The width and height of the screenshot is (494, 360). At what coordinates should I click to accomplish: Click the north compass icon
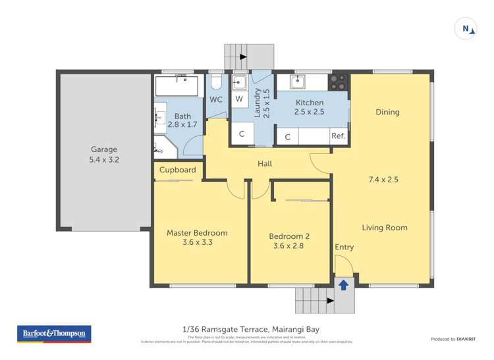pyautogui.click(x=466, y=28)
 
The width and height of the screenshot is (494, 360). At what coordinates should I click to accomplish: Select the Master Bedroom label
pyautogui.click(x=197, y=237)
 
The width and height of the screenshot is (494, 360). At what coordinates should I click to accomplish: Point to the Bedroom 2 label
pyautogui.click(x=289, y=241)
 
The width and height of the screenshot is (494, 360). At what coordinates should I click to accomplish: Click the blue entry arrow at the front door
pyautogui.click(x=343, y=284)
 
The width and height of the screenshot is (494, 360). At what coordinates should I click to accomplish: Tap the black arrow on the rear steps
pyautogui.click(x=243, y=57)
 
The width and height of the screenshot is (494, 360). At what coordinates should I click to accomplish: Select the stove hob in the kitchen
pyautogui.click(x=339, y=82)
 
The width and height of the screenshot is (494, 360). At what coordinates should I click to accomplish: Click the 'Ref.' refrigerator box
pyautogui.click(x=339, y=136)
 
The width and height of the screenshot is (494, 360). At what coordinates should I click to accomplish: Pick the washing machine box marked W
pyautogui.click(x=239, y=99)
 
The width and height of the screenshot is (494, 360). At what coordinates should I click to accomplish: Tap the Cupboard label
pyautogui.click(x=178, y=170)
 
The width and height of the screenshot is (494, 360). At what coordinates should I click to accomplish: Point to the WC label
pyautogui.click(x=216, y=99)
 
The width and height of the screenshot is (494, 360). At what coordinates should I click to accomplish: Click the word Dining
pyautogui.click(x=387, y=112)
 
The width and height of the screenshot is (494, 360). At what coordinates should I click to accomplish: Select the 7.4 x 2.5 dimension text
pyautogui.click(x=383, y=178)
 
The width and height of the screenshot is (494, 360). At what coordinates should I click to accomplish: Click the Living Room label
pyautogui.click(x=384, y=228)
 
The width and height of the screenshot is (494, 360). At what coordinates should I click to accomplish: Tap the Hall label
pyautogui.click(x=265, y=164)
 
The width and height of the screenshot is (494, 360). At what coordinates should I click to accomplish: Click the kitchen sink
pyautogui.click(x=298, y=82)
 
